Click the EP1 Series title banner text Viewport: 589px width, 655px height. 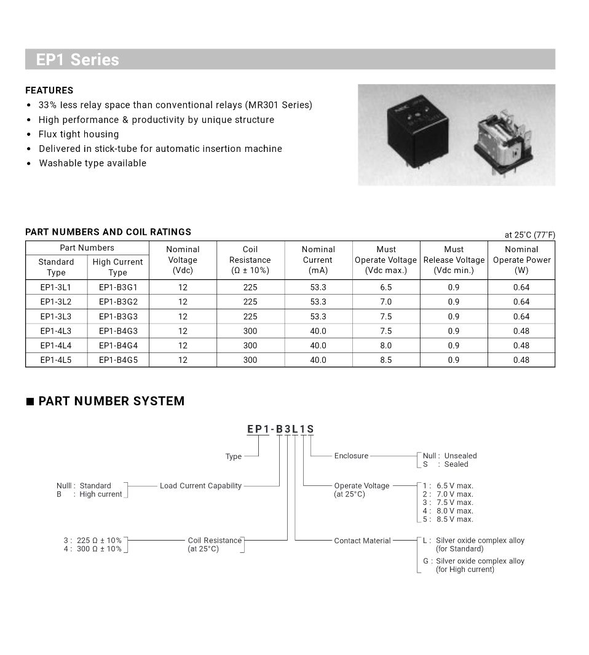pyautogui.click(x=77, y=60)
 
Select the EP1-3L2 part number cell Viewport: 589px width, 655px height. pyautogui.click(x=56, y=302)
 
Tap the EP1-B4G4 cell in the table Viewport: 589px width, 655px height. pyautogui.click(x=118, y=346)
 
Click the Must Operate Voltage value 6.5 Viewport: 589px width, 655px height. pyautogui.click(x=385, y=287)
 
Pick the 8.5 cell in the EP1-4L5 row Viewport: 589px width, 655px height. pyautogui.click(x=385, y=360)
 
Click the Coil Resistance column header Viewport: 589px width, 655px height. pyautogui.click(x=250, y=260)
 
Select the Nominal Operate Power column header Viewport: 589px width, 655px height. pyautogui.click(x=521, y=260)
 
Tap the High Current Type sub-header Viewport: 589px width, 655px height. pyautogui.click(x=117, y=267)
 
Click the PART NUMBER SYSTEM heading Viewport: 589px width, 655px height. pyautogui.click(x=111, y=401)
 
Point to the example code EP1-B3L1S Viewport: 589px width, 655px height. pyautogui.click(x=280, y=429)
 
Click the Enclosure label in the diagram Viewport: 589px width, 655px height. pyautogui.click(x=351, y=456)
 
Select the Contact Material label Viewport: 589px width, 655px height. pyautogui.click(x=362, y=541)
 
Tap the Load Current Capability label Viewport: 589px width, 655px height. pyautogui.click(x=200, y=486)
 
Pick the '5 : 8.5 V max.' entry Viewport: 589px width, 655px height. pyautogui.click(x=448, y=519)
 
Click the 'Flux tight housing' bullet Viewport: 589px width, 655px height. pyautogui.click(x=79, y=134)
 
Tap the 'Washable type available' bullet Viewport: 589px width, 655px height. pyautogui.click(x=92, y=163)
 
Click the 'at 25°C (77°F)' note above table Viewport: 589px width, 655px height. pyautogui.click(x=529, y=235)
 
